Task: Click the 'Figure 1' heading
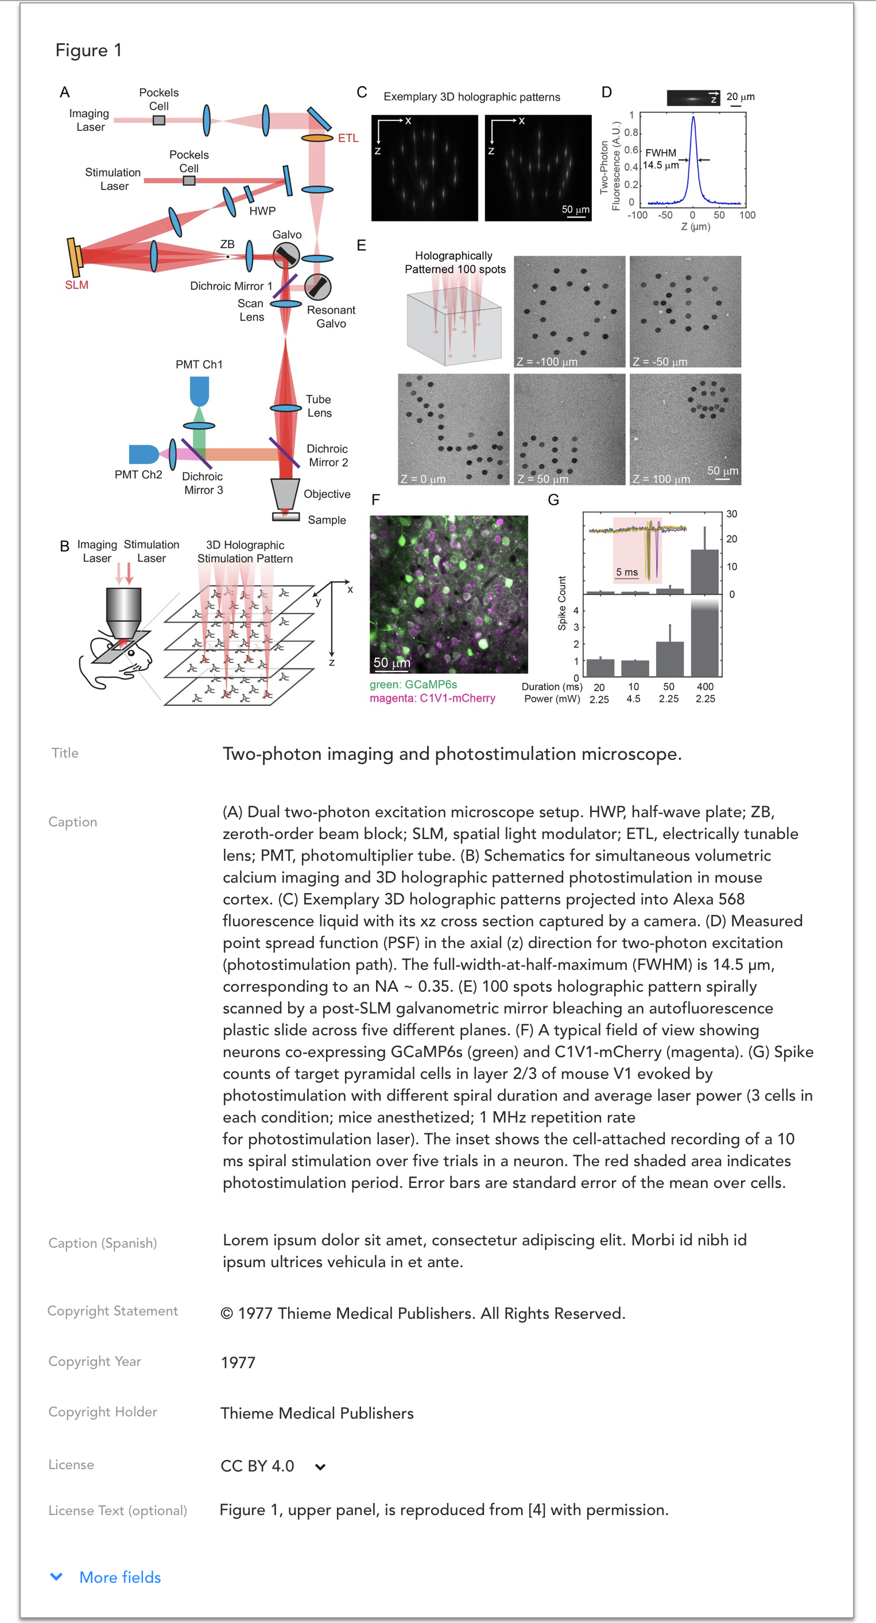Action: (x=88, y=51)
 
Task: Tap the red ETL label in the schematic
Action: (x=348, y=138)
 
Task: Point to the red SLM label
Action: (x=77, y=285)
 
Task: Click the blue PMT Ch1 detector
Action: (x=199, y=391)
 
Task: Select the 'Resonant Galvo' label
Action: (x=331, y=316)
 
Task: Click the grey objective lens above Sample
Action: (x=285, y=494)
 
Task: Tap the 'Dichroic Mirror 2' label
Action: (x=327, y=455)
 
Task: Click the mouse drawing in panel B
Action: (x=117, y=662)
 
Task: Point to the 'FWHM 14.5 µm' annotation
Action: (x=661, y=159)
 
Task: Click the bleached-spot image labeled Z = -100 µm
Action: (x=569, y=311)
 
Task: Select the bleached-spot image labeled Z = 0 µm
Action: (x=453, y=429)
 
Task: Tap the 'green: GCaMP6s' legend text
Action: (x=413, y=684)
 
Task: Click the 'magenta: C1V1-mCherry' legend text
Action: (x=432, y=698)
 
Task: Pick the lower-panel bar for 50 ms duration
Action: (x=669, y=658)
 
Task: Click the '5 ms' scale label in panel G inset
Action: (x=626, y=572)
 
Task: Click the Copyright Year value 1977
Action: (x=238, y=1362)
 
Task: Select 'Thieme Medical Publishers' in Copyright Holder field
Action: (x=317, y=1413)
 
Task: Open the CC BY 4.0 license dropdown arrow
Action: (x=320, y=1467)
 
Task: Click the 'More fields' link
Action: (x=120, y=1577)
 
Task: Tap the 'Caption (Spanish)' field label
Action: (x=102, y=1243)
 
